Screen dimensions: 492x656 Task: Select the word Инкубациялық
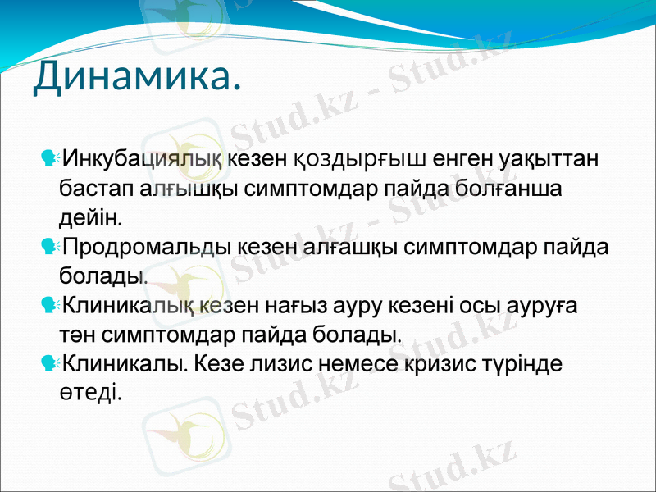tap(144, 157)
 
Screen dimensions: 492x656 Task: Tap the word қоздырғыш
tap(360, 157)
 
